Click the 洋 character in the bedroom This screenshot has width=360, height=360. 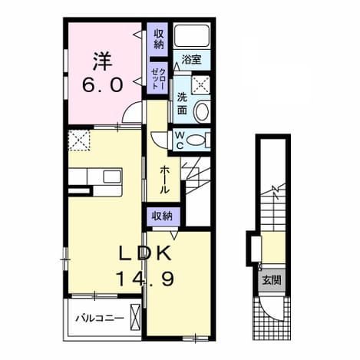click(102, 61)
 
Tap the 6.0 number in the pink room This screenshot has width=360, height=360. click(102, 85)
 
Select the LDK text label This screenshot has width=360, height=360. click(146, 253)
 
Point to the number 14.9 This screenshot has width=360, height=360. click(145, 279)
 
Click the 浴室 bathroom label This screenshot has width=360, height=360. click(191, 60)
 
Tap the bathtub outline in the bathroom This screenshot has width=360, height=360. click(192, 35)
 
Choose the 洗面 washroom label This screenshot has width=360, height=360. click(182, 104)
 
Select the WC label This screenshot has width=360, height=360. click(180, 140)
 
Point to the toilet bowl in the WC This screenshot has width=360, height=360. click(196, 140)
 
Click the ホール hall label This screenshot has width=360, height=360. click(164, 180)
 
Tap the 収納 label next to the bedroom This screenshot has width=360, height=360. click(159, 39)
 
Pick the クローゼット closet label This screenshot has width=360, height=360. click(159, 78)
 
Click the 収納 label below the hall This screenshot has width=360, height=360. click(162, 216)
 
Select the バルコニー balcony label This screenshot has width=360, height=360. click(100, 319)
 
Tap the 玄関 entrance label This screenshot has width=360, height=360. click(272, 280)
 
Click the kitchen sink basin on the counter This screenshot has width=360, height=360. click(112, 177)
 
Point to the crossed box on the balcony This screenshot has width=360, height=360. click(135, 316)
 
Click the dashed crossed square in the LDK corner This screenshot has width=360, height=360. click(79, 140)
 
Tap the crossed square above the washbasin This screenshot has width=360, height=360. click(201, 84)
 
